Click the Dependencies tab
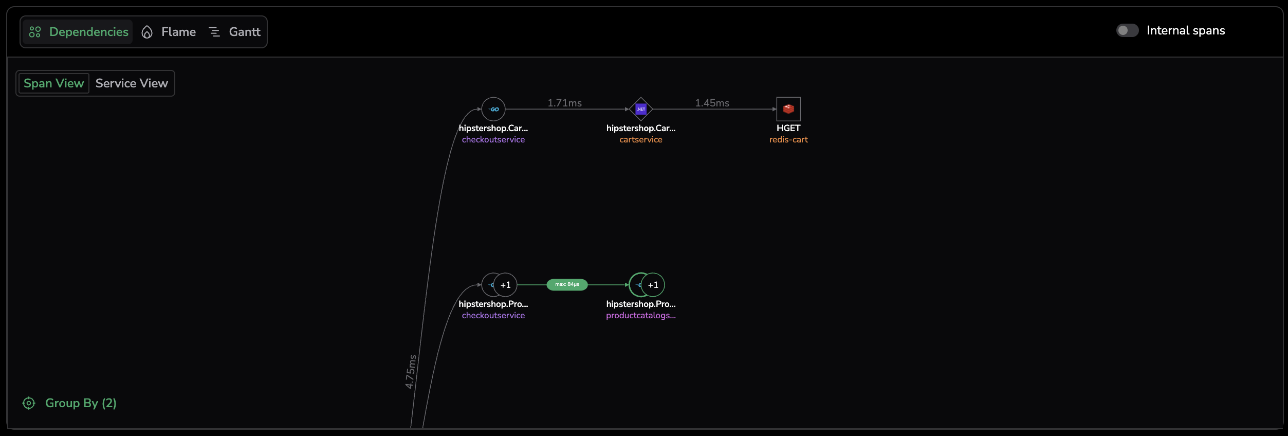[x=79, y=32]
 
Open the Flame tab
[x=169, y=32]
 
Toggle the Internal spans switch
[x=1127, y=31]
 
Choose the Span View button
[x=53, y=83]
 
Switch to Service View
[x=132, y=83]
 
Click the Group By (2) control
[x=70, y=403]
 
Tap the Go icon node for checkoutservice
[x=493, y=109]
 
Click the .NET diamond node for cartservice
[x=641, y=109]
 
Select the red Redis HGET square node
[x=788, y=109]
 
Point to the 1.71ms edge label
[x=564, y=103]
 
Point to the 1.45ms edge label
[x=712, y=103]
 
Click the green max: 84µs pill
[x=567, y=284]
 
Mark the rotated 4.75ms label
[x=410, y=371]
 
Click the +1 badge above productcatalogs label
[x=653, y=285]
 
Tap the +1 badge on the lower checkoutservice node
[x=506, y=285]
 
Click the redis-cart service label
[x=788, y=140]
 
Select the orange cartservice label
[x=641, y=140]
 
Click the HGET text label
[x=788, y=128]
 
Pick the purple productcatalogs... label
[x=641, y=316]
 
